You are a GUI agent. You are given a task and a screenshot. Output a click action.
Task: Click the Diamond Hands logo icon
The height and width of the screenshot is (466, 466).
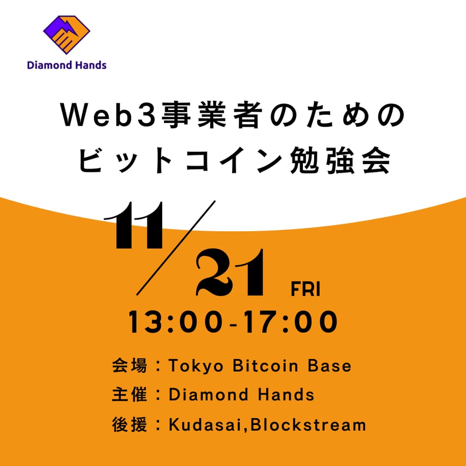point(67,34)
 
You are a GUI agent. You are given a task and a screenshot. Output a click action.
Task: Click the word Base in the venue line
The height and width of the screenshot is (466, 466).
point(330,366)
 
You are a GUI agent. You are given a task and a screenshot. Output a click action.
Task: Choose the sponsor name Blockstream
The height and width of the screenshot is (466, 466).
point(308,425)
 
